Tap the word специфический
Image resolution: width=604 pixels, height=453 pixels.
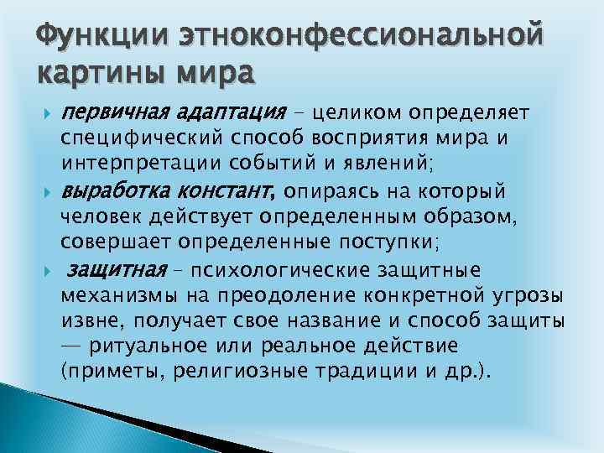[x=128, y=137]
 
